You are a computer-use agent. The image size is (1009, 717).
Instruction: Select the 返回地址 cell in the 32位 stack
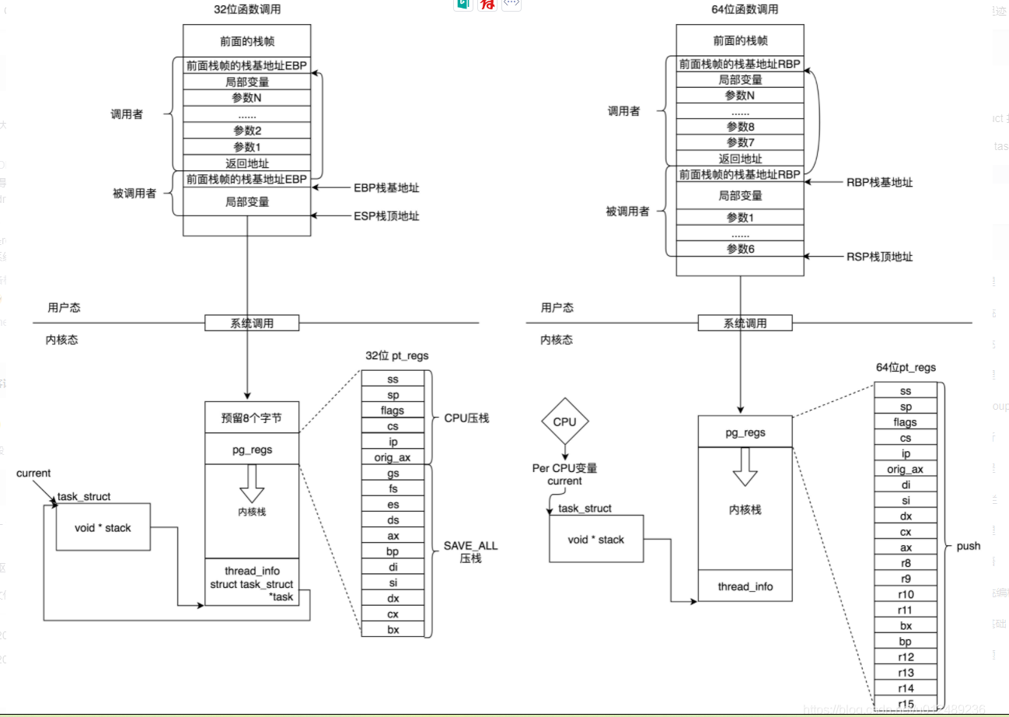click(247, 163)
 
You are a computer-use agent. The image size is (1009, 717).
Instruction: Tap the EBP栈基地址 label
click(386, 187)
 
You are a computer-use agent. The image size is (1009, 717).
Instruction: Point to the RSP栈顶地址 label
click(879, 257)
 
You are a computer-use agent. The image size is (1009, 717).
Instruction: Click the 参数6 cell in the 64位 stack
click(740, 249)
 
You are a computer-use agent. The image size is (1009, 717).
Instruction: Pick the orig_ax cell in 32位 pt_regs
click(393, 457)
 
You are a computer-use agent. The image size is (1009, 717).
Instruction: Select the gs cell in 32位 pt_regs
click(393, 473)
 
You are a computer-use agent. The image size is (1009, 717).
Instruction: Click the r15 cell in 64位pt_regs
click(906, 705)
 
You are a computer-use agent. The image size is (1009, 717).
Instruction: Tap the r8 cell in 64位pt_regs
click(906, 563)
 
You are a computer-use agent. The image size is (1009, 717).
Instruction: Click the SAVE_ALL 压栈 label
click(470, 552)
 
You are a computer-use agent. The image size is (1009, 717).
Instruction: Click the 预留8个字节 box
click(252, 418)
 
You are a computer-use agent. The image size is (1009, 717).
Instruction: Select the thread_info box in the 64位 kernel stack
click(745, 586)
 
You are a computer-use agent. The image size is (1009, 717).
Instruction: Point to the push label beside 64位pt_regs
click(969, 546)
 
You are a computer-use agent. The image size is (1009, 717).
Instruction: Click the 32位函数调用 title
click(246, 9)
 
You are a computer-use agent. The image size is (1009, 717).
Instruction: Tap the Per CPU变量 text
click(564, 468)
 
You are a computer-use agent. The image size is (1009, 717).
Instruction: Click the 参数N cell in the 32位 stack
click(247, 98)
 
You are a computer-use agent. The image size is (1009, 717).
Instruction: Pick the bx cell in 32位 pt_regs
click(393, 630)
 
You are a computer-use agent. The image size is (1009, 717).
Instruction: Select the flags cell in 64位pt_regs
click(906, 422)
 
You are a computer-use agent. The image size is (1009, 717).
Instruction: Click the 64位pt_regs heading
click(906, 367)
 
